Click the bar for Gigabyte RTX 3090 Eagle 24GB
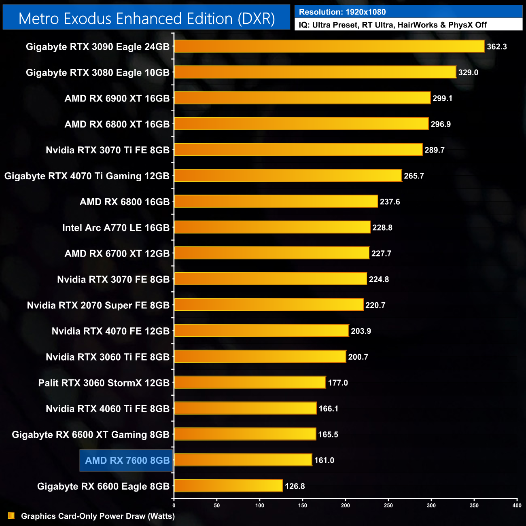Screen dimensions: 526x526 pyautogui.click(x=329, y=46)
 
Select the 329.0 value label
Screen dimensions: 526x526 pyautogui.click(x=468, y=72)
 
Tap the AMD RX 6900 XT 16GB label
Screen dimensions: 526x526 pyautogui.click(x=117, y=98)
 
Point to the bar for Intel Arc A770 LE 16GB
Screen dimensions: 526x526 pyautogui.click(x=272, y=227)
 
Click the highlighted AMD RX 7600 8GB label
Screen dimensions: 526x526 pyautogui.click(x=127, y=460)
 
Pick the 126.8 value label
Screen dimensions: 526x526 pyautogui.click(x=295, y=486)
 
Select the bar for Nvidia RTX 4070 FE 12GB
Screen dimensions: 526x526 pyautogui.click(x=261, y=331)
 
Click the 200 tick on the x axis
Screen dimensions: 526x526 pyautogui.click(x=346, y=505)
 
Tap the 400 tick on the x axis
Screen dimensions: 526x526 pyautogui.click(x=517, y=505)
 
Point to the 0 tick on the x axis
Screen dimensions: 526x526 pyautogui.click(x=174, y=505)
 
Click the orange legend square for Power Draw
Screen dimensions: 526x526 pyautogui.click(x=11, y=515)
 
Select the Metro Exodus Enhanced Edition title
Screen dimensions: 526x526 pyautogui.click(x=146, y=19)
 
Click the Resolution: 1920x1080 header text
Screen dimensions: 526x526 pyautogui.click(x=342, y=12)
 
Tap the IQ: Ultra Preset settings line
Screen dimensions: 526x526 pyautogui.click(x=392, y=25)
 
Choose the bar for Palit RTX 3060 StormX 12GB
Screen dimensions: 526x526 pyautogui.click(x=250, y=382)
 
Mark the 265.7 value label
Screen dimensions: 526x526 pyautogui.click(x=414, y=176)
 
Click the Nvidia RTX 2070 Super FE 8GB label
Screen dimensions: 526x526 pyautogui.click(x=98, y=305)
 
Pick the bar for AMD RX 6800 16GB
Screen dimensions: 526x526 pyautogui.click(x=276, y=201)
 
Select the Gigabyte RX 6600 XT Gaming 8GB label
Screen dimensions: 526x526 pyautogui.click(x=91, y=435)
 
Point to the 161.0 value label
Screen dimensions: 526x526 pyautogui.click(x=324, y=460)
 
